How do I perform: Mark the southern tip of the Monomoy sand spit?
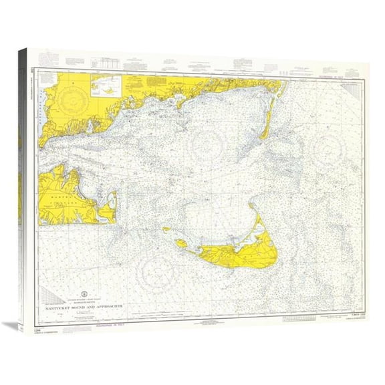pyautogui.click(x=265, y=136)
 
